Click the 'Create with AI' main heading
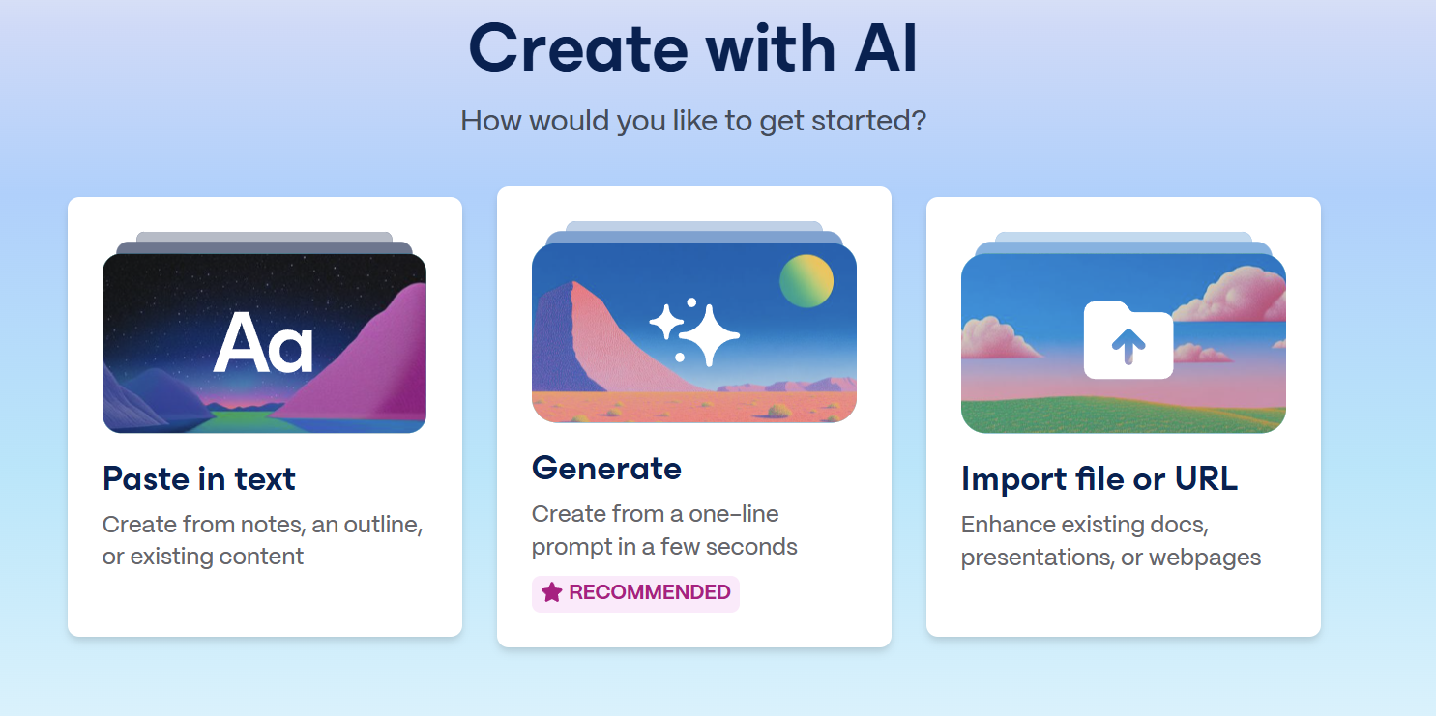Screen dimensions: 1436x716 coord(693,48)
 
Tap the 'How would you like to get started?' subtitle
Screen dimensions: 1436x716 coord(693,121)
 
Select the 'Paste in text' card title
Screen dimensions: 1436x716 coord(199,479)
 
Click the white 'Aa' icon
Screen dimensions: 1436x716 coord(263,342)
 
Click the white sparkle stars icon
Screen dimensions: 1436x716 coord(694,331)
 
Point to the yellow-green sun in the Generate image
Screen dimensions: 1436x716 coord(806,281)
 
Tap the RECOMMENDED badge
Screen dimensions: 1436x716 coord(635,593)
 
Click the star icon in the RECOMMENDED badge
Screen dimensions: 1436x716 coord(551,592)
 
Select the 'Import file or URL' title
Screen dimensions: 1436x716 coord(1099,479)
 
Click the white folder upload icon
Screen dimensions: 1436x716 coord(1128,340)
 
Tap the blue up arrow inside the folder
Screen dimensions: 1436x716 coord(1128,346)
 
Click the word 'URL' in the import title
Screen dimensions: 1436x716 coord(1205,478)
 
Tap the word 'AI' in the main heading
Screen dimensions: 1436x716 coord(886,48)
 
